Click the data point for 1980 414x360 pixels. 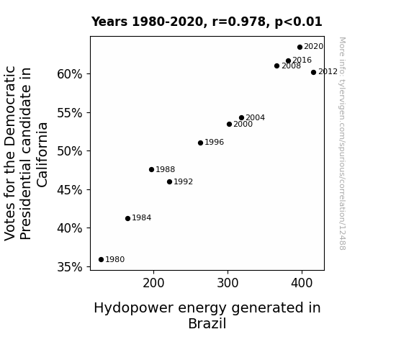pos(101,260)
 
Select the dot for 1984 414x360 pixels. pos(127,218)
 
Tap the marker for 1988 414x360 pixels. pos(151,170)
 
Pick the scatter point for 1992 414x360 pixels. pos(169,181)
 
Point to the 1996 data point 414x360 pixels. pos(200,143)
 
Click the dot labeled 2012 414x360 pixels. pos(313,73)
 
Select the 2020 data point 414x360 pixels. pos(300,48)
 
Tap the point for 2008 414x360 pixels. pos(276,66)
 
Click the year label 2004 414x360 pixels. pos(256,117)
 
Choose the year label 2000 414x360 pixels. pos(243,124)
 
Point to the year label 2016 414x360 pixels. pos(302,60)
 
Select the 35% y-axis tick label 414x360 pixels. pos(69,267)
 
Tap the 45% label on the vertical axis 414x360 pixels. pos(69,190)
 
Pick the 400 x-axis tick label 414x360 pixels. pos(302,284)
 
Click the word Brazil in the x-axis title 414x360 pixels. pos(207,323)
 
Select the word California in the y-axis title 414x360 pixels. pos(42,155)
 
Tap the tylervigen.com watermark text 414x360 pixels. pos(342,144)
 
